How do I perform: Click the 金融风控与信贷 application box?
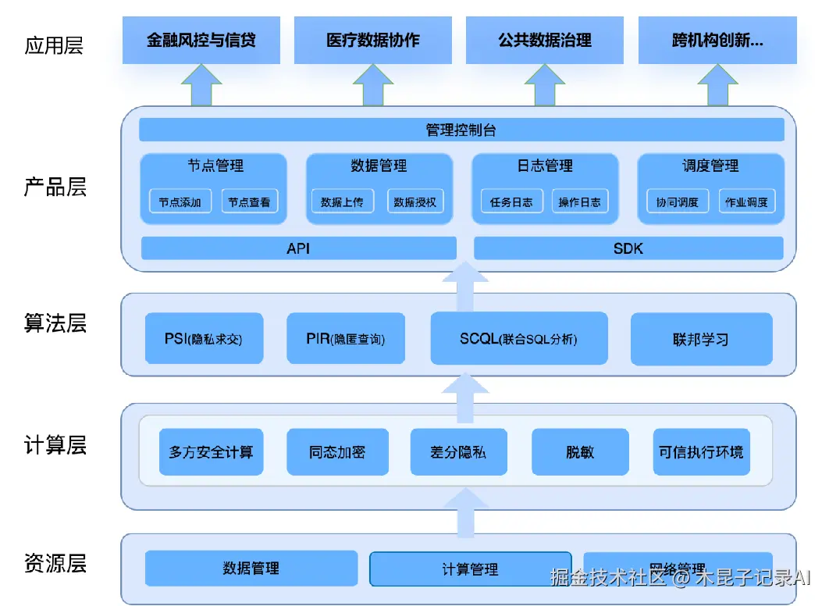click(201, 40)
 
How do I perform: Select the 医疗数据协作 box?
click(372, 40)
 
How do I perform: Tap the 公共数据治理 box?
click(544, 40)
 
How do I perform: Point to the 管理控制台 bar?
click(461, 130)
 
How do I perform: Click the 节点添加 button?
click(180, 202)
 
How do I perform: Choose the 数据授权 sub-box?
click(414, 202)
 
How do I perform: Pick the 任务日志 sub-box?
click(511, 202)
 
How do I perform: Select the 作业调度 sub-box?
click(746, 202)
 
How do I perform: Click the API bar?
click(298, 248)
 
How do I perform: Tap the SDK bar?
click(628, 248)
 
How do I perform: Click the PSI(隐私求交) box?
click(203, 339)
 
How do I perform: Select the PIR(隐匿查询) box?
click(345, 339)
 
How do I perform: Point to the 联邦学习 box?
click(700, 339)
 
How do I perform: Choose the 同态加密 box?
click(336, 452)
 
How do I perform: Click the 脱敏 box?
click(580, 452)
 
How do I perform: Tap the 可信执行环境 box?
click(701, 452)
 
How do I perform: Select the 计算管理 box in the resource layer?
click(470, 569)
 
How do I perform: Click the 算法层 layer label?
click(55, 323)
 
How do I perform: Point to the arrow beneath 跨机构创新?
click(717, 84)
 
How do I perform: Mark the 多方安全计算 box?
click(211, 452)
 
